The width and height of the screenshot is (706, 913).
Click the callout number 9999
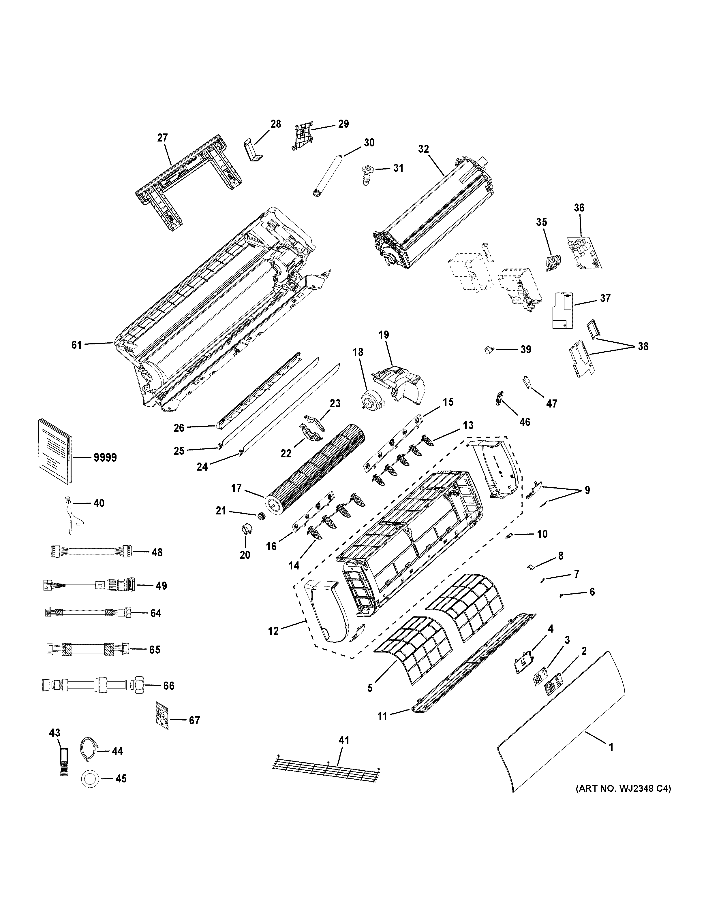[105, 458]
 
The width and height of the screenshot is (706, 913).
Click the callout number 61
[76, 345]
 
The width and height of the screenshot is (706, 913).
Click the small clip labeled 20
[245, 530]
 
